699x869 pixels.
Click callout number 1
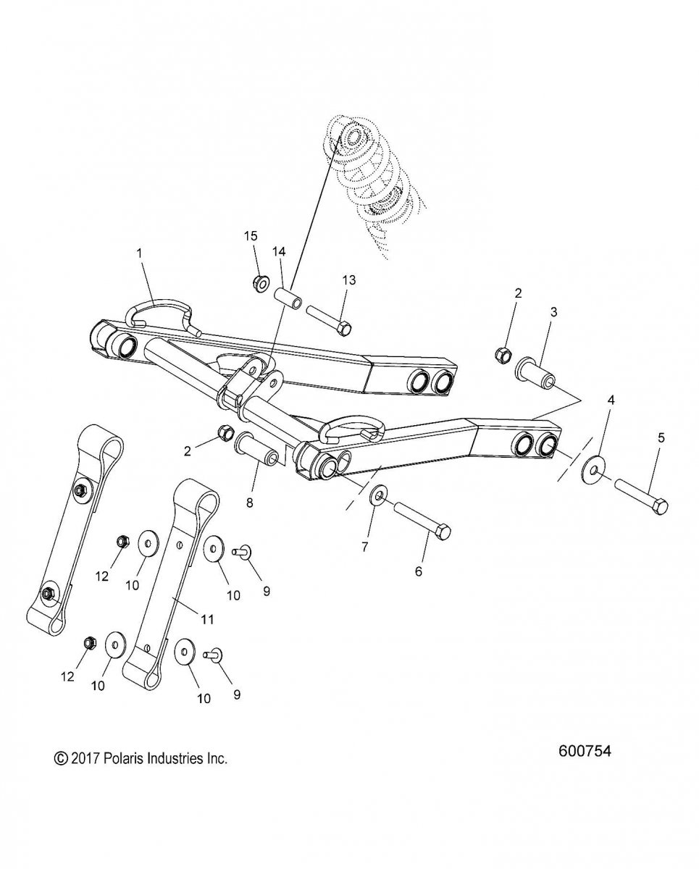(x=139, y=253)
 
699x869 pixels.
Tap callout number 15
(x=251, y=236)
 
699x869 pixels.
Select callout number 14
(x=279, y=251)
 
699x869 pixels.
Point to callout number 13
(x=349, y=280)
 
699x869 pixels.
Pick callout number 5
(x=661, y=437)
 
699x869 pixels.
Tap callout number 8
(x=250, y=503)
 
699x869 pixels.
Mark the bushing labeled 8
(x=257, y=450)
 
